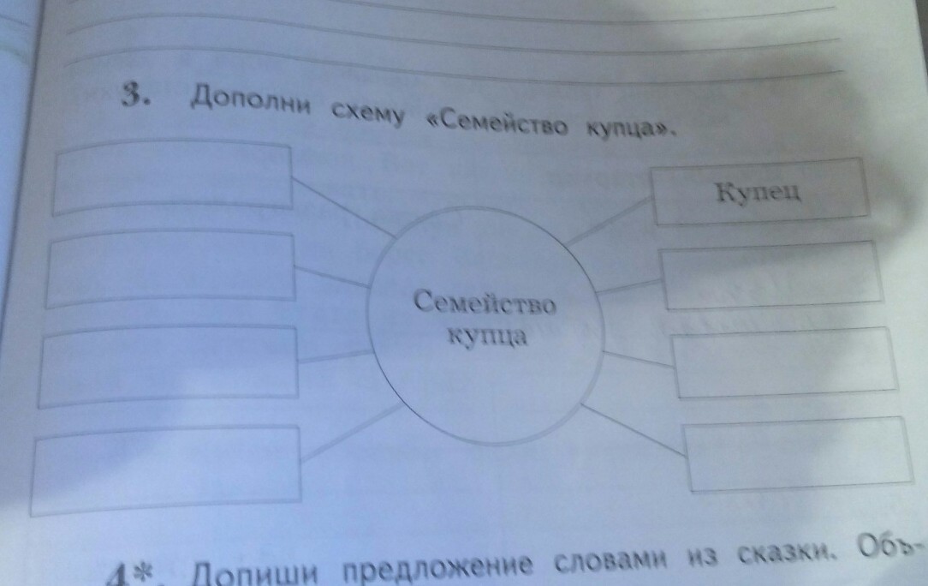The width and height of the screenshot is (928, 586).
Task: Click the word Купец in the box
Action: (759, 192)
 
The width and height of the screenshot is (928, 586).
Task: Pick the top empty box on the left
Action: (171, 178)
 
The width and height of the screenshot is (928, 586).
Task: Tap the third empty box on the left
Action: (170, 367)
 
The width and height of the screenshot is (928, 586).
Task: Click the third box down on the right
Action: (785, 366)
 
